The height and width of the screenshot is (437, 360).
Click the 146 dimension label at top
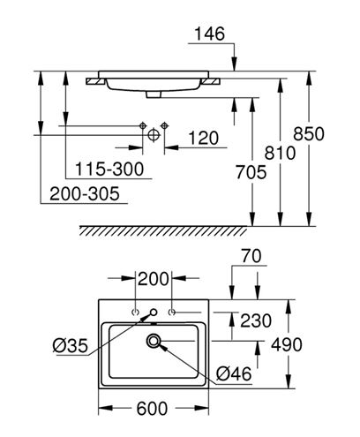click(210, 34)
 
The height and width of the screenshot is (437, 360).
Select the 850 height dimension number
click(309, 133)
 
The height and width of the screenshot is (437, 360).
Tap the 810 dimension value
click(280, 153)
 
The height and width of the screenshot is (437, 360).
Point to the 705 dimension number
click(251, 172)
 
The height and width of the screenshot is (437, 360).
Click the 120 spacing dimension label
click(203, 138)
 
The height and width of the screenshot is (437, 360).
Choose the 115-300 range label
click(109, 170)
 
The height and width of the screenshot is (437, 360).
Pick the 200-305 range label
click(85, 193)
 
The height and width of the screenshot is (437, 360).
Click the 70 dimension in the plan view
click(251, 256)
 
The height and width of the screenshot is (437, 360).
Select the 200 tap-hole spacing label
click(154, 279)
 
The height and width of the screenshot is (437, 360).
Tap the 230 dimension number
click(256, 320)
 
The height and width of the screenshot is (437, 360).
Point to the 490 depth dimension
click(287, 344)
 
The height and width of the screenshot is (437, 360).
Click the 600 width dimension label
click(152, 409)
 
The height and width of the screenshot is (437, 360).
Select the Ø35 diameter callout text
click(71, 345)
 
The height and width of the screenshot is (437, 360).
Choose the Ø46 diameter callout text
click(234, 374)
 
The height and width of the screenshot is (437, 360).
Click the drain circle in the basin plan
click(154, 341)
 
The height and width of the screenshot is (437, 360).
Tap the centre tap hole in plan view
click(154, 312)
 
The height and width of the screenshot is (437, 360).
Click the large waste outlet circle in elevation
click(154, 135)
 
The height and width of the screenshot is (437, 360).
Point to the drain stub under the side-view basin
click(154, 94)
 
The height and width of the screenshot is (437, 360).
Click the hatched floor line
click(163, 230)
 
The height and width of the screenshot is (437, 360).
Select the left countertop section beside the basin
click(95, 81)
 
